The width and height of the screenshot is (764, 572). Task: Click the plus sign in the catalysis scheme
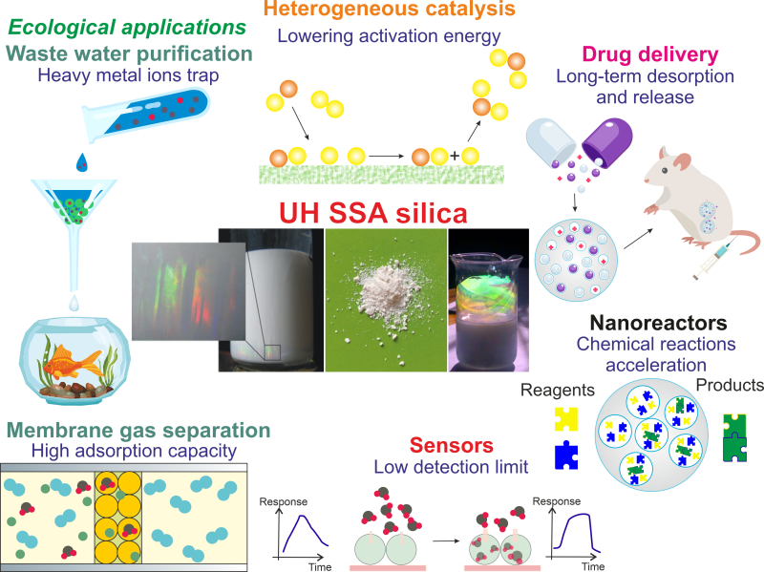tap(454, 156)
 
